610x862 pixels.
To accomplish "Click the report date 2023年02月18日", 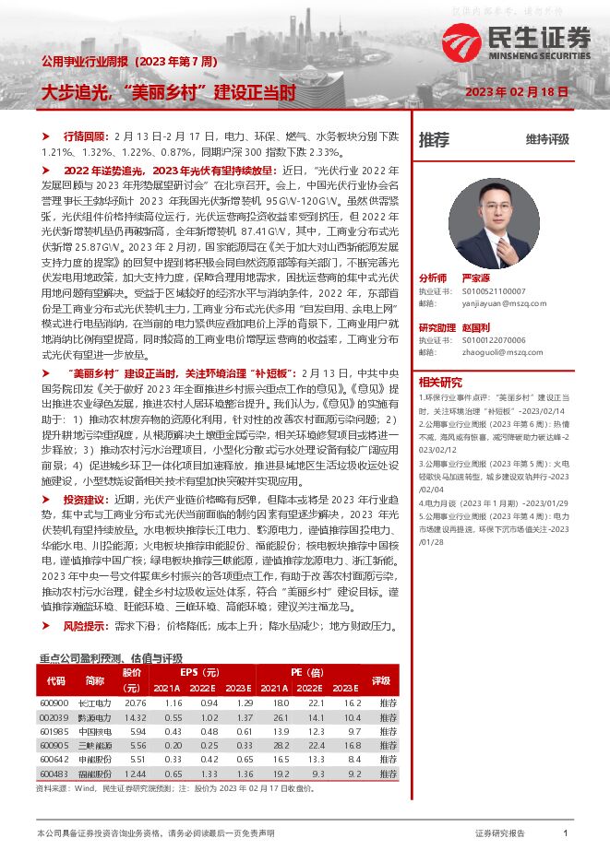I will [516, 92].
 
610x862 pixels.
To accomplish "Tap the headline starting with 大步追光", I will [168, 92].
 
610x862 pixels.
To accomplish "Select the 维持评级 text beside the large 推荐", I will [547, 140].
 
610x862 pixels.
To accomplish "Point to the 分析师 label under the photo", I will [433, 277].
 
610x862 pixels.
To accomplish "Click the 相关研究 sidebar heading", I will [440, 382].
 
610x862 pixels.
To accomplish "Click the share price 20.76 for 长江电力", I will [135, 704].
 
